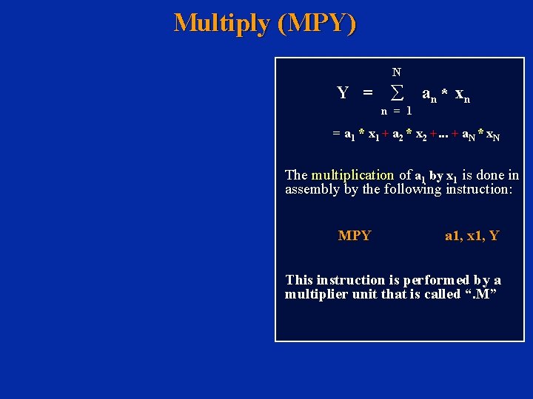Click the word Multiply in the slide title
(222, 23)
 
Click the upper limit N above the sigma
(397, 72)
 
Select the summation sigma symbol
(397, 93)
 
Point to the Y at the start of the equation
(343, 93)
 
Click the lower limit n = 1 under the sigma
(397, 111)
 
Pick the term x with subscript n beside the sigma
(462, 95)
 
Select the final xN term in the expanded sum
(492, 136)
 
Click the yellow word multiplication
(352, 175)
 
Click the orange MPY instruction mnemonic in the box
(355, 236)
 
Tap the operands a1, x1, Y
(472, 236)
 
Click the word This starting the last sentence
(299, 280)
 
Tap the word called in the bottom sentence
(440, 295)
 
